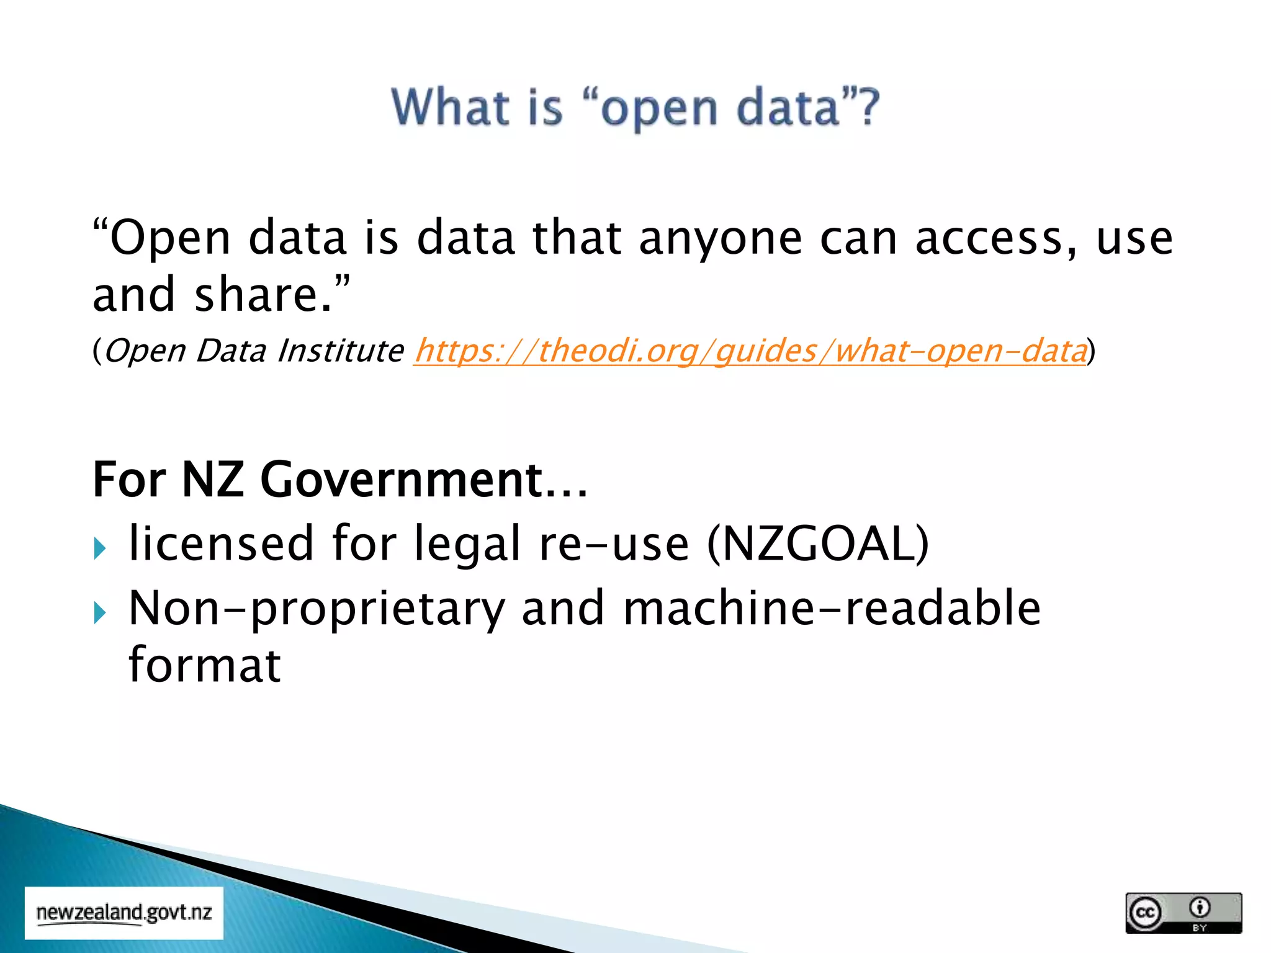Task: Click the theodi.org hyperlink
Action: pos(750,351)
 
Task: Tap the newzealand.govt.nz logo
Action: pos(124,913)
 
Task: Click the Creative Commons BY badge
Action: pos(1183,913)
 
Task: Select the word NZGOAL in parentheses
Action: pos(817,544)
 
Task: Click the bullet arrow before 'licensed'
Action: pos(100,548)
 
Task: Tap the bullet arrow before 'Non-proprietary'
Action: pos(100,613)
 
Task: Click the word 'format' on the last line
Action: pos(204,665)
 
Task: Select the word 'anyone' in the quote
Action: pos(721,238)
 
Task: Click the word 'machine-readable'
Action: pos(832,609)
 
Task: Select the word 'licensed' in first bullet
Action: pos(221,544)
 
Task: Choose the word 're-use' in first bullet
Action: pos(614,544)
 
